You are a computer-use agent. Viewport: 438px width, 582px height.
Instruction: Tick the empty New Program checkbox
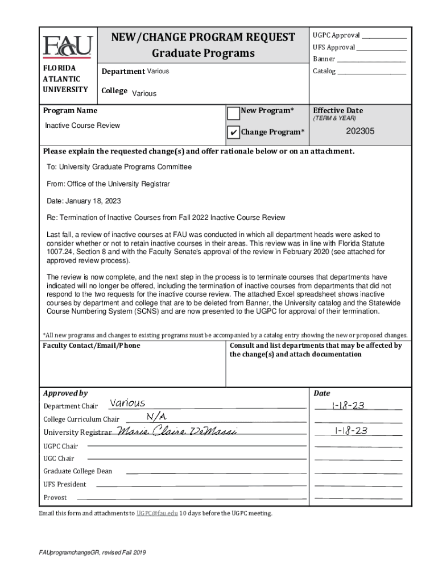coord(233,113)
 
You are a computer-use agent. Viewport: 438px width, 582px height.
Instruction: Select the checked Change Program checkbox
coord(233,133)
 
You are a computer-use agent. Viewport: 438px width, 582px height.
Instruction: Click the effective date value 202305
coord(360,131)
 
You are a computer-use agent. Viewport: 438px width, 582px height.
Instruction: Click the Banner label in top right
coord(324,59)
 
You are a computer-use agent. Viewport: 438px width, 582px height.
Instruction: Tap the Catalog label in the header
coord(324,72)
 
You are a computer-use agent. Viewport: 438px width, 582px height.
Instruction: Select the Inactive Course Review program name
coord(82,126)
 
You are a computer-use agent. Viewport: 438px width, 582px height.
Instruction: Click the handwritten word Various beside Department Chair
coord(127,404)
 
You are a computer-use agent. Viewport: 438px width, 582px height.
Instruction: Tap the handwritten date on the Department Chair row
coord(348,405)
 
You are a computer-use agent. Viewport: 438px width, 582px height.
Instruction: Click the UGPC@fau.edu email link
coord(156,513)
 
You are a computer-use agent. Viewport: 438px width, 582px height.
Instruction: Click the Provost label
coord(55,498)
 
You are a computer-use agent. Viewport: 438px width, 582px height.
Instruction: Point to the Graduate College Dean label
coord(78,471)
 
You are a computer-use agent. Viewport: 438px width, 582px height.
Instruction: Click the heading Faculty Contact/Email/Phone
coord(92,346)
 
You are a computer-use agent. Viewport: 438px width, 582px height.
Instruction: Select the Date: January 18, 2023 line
coord(84,201)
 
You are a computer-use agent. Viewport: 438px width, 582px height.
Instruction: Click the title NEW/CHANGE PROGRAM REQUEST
coord(203,38)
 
